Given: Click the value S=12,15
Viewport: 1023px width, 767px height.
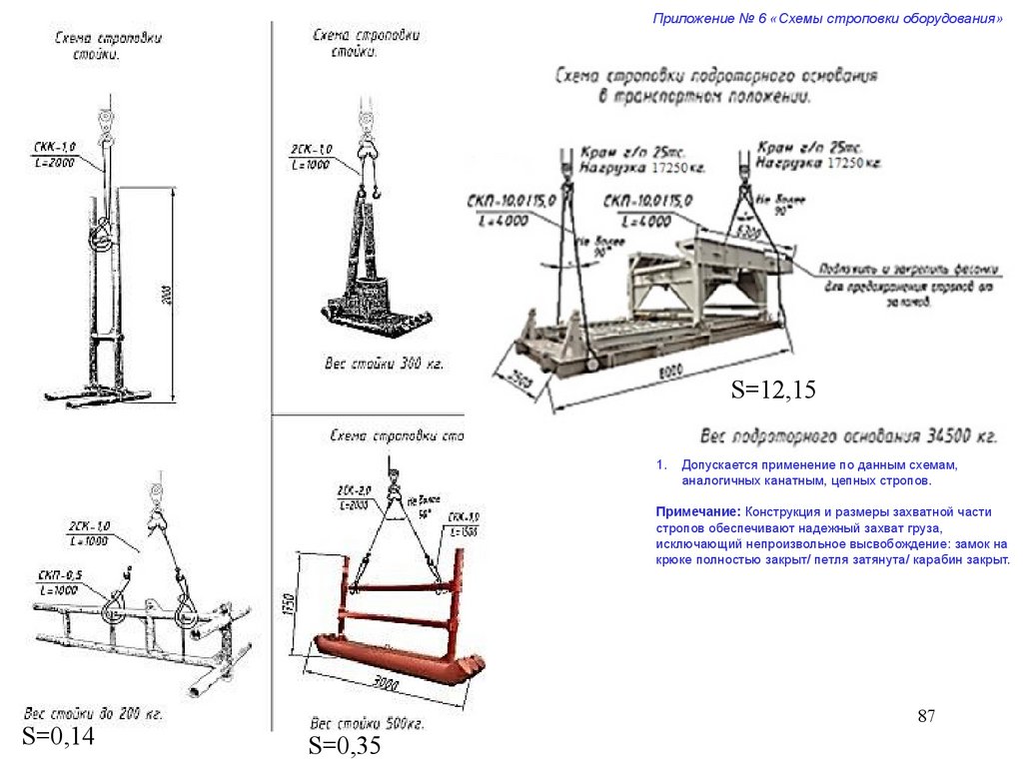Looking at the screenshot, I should click(772, 390).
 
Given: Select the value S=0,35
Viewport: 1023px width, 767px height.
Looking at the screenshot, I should click(344, 745).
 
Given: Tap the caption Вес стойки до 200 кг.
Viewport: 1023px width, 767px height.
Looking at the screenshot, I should click(93, 715).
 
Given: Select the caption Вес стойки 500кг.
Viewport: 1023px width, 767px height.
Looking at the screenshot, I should click(367, 722).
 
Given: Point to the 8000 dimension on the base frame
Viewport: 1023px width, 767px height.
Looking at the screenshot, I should click(670, 371).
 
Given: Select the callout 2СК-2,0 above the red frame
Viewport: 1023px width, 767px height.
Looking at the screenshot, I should click(354, 496).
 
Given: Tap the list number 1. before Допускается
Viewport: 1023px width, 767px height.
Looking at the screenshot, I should click(660, 466).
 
